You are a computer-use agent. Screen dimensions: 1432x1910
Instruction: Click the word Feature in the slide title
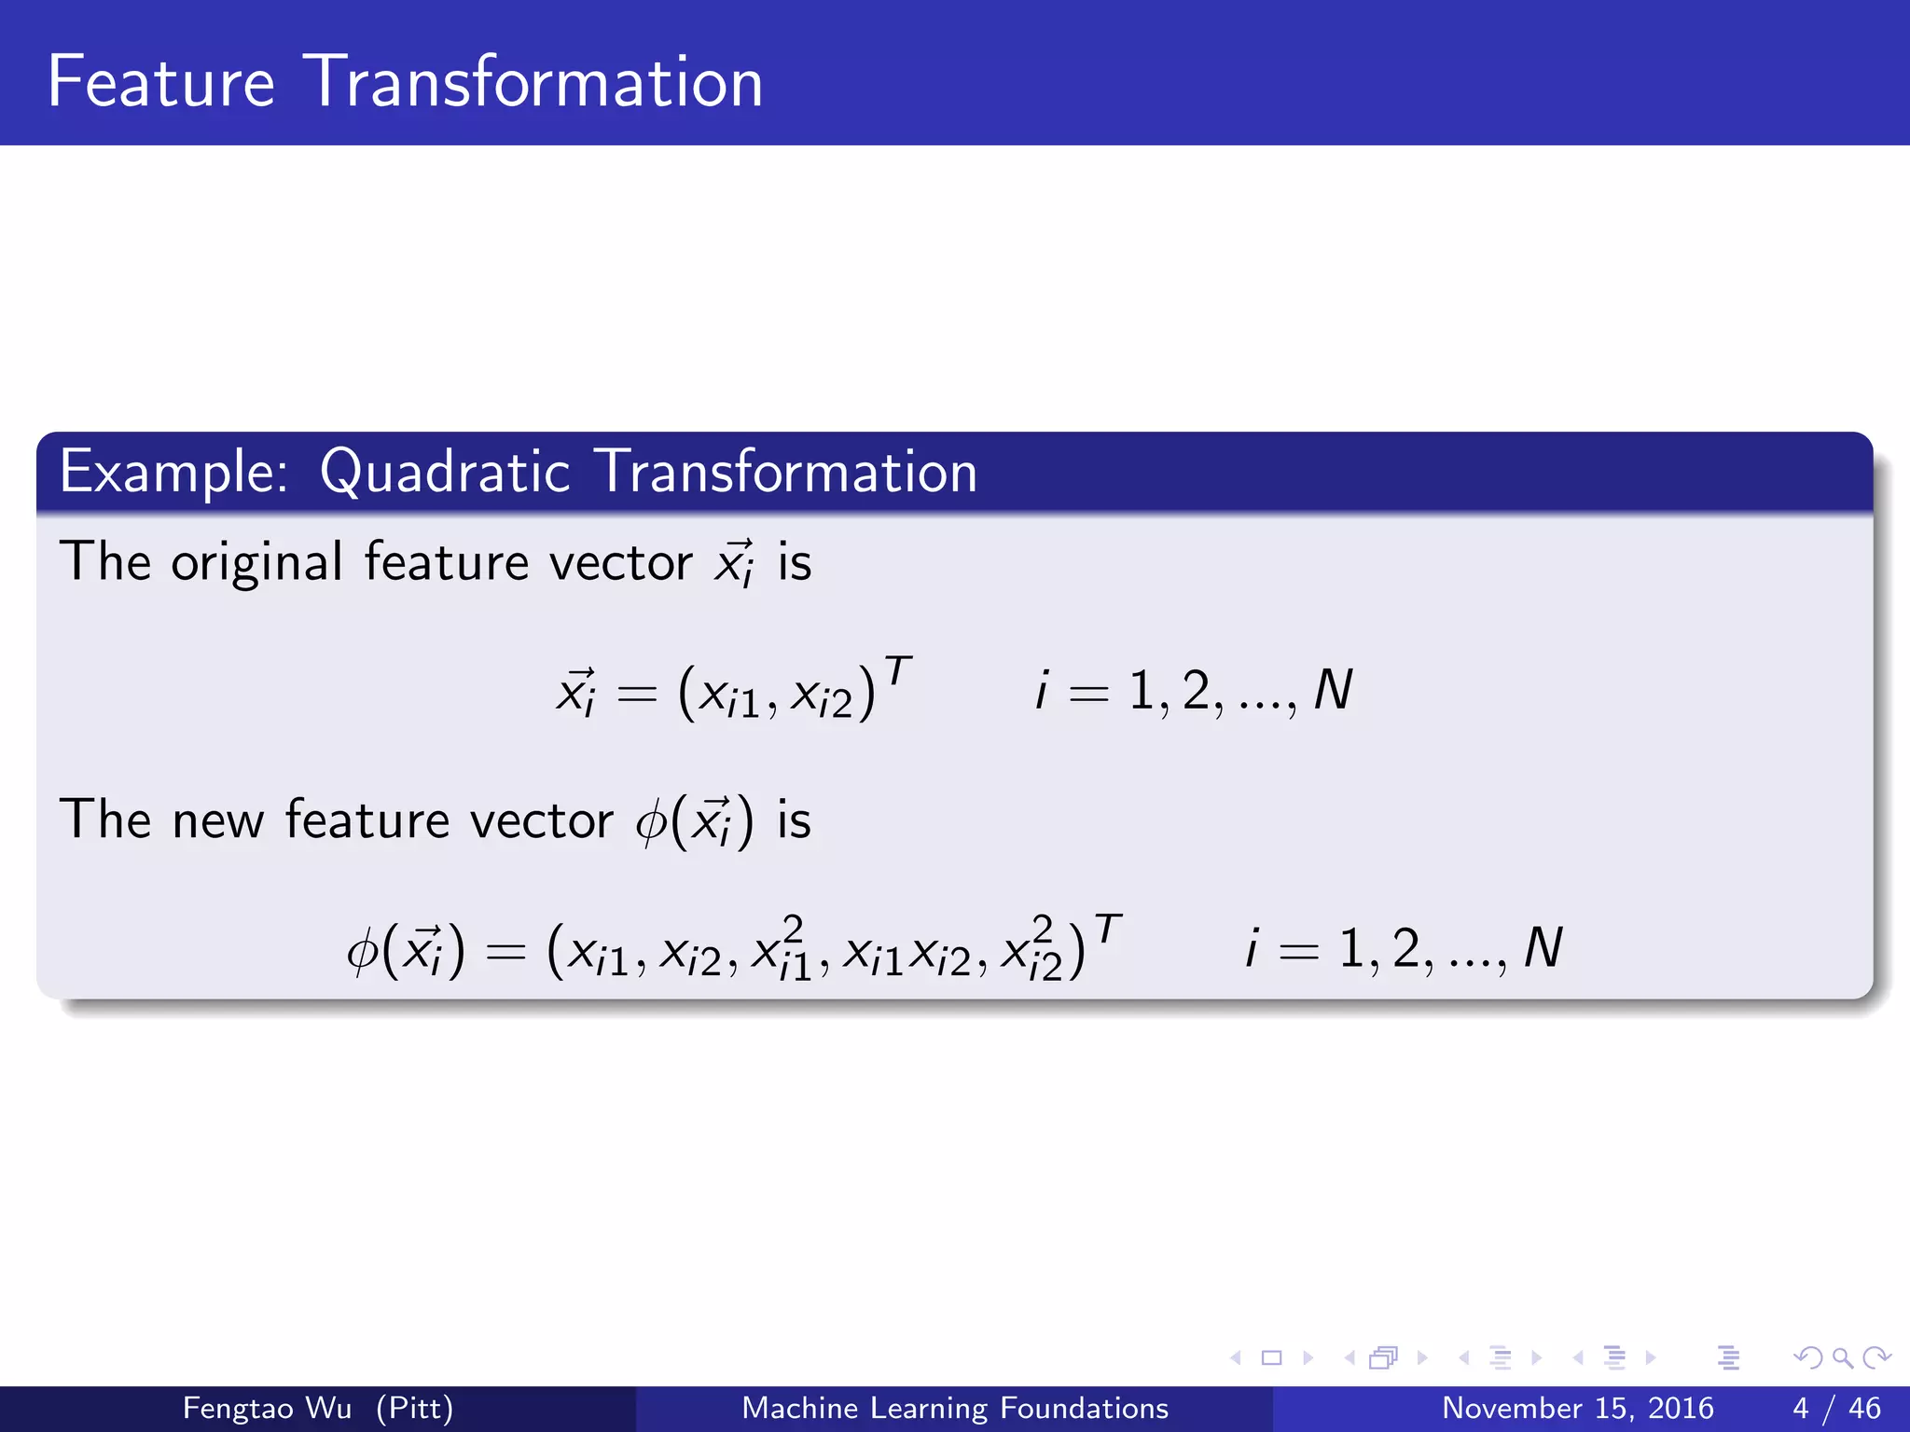point(161,82)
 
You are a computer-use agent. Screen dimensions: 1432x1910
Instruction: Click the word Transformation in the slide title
point(533,82)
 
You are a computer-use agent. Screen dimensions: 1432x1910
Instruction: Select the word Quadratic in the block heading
point(444,472)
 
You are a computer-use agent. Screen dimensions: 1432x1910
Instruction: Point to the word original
point(256,563)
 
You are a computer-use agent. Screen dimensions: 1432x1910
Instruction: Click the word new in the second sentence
point(217,820)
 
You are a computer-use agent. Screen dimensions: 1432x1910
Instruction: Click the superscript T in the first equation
point(897,670)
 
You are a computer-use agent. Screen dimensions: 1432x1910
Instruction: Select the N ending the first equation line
point(1333,691)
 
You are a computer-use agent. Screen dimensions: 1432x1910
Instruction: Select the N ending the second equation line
point(1543,949)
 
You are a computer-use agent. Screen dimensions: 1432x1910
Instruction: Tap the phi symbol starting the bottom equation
point(362,951)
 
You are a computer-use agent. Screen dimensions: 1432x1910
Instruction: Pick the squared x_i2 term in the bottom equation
point(1031,949)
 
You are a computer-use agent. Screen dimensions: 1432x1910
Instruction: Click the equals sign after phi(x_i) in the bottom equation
point(506,952)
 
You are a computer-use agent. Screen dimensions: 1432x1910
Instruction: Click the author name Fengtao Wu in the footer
point(267,1408)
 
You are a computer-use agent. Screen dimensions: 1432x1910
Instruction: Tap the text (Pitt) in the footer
point(414,1408)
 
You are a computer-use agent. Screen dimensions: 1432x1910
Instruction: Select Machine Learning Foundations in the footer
point(954,1408)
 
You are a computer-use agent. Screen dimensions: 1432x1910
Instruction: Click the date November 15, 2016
point(1577,1408)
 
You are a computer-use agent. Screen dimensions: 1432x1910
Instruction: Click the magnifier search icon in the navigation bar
point(1842,1357)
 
